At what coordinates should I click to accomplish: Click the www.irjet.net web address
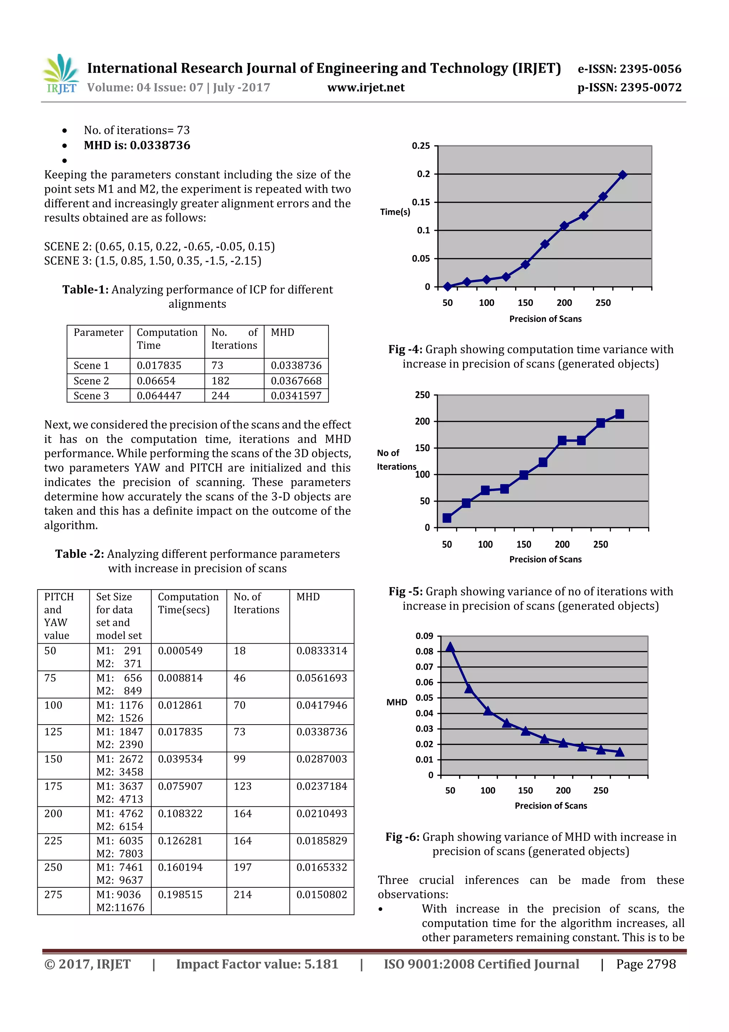366,88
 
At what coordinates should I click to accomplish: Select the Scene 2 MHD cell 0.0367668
296,381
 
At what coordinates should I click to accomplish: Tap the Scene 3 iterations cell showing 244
221,395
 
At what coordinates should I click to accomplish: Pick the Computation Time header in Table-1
167,338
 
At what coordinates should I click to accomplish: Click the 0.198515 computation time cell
180,894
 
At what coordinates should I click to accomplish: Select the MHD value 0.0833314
321,650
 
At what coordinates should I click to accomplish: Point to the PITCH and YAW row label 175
53,786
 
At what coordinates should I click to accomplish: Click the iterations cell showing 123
242,786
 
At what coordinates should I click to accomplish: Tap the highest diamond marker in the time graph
622,175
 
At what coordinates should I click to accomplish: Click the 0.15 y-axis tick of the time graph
421,202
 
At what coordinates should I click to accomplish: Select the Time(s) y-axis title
395,212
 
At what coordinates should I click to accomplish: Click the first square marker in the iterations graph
447,518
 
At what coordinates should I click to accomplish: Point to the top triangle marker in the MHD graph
450,647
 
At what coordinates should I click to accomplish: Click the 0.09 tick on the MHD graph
424,636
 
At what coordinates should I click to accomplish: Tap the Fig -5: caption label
405,591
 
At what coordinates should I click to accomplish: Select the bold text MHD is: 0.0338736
137,145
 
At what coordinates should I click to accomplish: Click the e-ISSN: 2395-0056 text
629,69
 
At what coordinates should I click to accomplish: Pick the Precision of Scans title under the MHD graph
551,805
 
